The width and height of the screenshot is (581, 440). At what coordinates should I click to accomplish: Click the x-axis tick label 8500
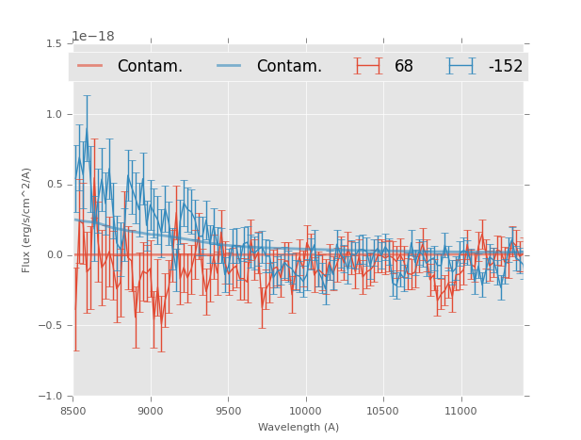click(73, 411)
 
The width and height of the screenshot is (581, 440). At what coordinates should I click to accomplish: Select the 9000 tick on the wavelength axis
click(151, 411)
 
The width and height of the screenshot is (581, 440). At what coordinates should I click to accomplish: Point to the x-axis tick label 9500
click(228, 411)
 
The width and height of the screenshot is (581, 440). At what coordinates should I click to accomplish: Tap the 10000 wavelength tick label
click(305, 411)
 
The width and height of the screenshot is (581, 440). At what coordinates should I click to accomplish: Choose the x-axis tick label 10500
click(382, 411)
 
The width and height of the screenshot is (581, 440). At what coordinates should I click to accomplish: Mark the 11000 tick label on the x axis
click(460, 411)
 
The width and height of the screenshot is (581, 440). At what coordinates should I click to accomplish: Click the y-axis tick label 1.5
click(54, 43)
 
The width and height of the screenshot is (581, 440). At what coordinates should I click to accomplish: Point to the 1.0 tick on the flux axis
click(54, 114)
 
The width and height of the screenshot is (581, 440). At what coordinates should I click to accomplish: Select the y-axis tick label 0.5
click(54, 185)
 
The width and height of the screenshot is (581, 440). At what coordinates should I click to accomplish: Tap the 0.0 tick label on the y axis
click(54, 255)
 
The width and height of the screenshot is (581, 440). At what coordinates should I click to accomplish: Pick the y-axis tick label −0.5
click(51, 326)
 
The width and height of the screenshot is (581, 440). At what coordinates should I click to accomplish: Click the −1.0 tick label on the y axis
click(51, 397)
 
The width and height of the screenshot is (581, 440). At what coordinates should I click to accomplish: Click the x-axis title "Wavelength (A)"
click(299, 427)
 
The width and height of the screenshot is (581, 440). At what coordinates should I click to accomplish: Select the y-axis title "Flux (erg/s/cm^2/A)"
click(26, 220)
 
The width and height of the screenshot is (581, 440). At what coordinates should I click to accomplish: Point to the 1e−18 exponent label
click(93, 37)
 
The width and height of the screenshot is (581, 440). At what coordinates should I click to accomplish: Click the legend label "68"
click(404, 66)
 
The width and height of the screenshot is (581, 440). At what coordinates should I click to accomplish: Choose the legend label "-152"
click(505, 66)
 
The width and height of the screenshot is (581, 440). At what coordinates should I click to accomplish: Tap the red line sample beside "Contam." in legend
click(90, 66)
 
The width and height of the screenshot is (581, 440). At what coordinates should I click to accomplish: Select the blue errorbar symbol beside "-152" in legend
click(460, 66)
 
